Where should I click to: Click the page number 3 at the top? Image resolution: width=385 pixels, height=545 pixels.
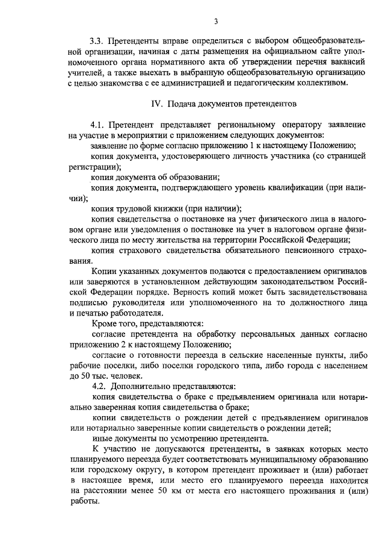(215, 22)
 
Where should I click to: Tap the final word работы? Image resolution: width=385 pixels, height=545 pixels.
(84, 501)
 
